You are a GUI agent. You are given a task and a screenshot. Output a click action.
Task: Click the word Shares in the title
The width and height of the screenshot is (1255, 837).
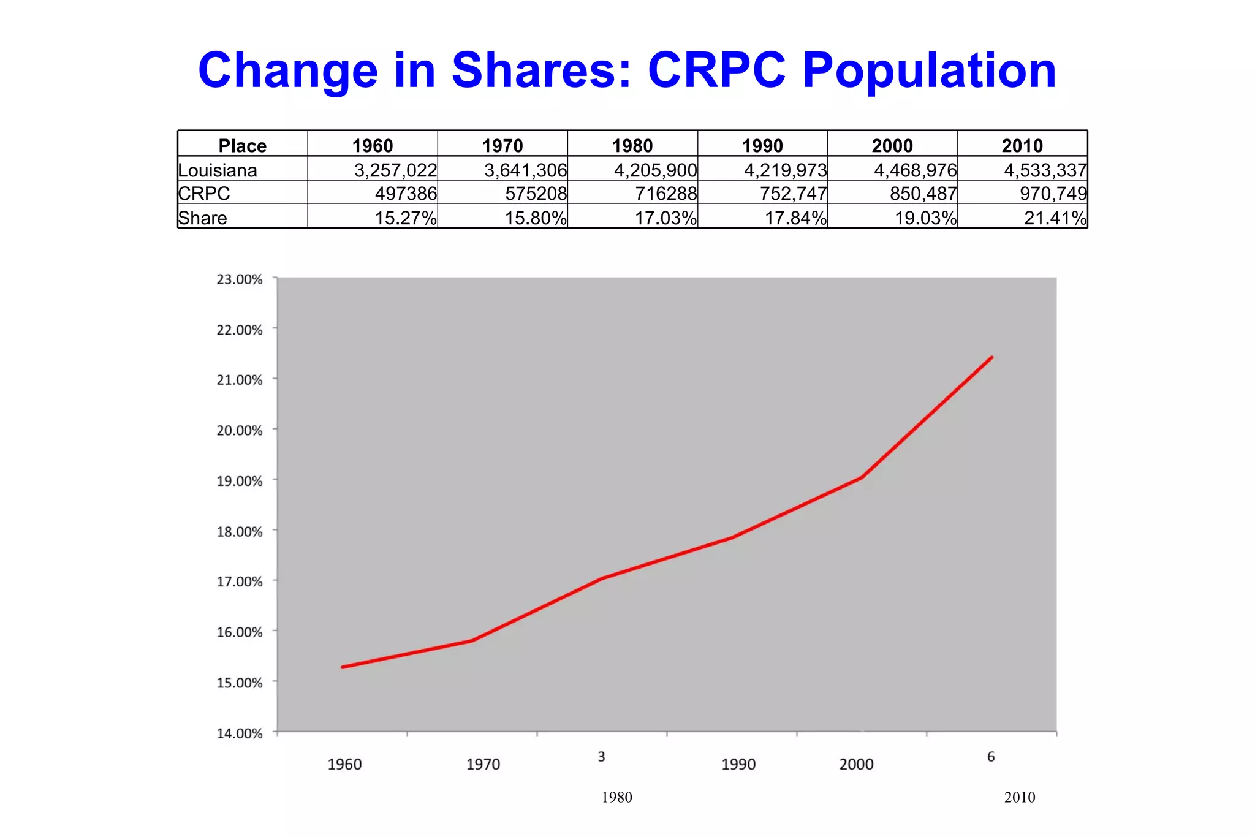[541, 70]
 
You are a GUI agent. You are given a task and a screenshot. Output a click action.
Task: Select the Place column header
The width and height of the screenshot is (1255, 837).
[243, 145]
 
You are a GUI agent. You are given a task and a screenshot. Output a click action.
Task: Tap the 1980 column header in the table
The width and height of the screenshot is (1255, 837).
[632, 145]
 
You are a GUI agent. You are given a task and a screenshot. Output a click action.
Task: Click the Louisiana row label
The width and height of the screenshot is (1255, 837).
[218, 170]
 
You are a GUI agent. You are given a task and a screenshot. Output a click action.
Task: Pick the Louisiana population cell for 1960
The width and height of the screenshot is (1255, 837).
[396, 170]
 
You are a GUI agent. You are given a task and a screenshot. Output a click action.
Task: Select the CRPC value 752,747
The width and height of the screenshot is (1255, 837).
[793, 194]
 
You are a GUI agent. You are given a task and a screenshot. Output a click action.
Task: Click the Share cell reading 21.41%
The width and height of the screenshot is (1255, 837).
[1055, 218]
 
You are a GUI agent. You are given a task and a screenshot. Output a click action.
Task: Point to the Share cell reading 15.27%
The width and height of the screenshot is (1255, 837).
[406, 218]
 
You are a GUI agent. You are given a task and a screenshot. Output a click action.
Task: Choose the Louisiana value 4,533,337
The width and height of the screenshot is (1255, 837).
[1045, 170]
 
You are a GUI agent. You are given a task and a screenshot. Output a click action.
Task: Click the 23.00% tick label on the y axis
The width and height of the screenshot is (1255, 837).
[240, 279]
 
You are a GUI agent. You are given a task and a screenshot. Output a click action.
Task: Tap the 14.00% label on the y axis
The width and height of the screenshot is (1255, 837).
[240, 733]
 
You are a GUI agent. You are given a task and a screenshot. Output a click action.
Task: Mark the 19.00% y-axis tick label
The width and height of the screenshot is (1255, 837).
[240, 481]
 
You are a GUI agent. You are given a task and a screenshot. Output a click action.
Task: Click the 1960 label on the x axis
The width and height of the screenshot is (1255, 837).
[344, 764]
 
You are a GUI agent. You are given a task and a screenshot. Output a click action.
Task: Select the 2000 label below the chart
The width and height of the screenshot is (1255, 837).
[856, 764]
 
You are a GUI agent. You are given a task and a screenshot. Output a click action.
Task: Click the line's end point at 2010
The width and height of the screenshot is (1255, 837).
[991, 357]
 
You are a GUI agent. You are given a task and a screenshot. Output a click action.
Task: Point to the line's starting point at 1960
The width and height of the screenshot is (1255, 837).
[342, 667]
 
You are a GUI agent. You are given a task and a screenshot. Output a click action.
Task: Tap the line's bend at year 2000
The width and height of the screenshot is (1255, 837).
[862, 477]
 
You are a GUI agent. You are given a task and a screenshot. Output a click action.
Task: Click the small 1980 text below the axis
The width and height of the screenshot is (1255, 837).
[616, 797]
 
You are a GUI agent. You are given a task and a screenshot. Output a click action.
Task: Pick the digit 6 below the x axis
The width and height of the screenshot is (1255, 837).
[991, 757]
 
